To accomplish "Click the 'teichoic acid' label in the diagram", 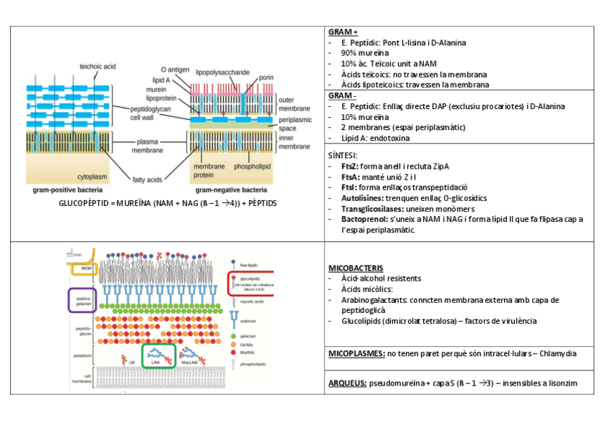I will pyautogui.click(x=97, y=66).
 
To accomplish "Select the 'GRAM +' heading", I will pyautogui.click(x=342, y=32).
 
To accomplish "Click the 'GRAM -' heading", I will pyautogui.click(x=341, y=95).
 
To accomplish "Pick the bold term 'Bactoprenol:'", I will pyautogui.click(x=366, y=218).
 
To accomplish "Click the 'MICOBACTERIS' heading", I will pyautogui.click(x=355, y=268).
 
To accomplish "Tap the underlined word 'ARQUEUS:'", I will pyautogui.click(x=347, y=384).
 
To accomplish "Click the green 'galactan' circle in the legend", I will pyautogui.click(x=234, y=335).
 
